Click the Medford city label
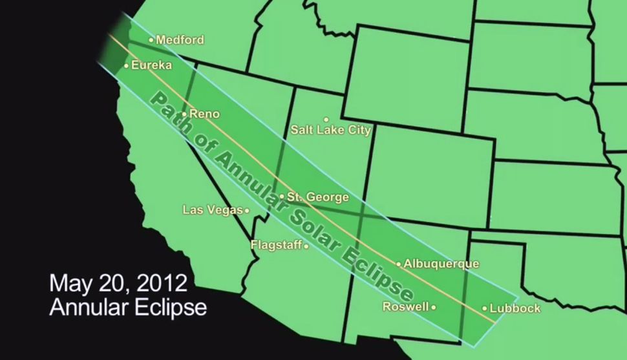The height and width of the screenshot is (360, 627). [180, 40]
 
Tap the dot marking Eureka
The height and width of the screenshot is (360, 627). [126, 65]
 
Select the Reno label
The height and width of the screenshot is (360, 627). [204, 114]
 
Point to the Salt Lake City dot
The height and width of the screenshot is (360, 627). [326, 120]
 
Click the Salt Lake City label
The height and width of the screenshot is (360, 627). [330, 131]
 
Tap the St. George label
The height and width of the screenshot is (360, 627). [318, 197]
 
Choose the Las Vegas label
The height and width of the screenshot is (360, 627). [213, 210]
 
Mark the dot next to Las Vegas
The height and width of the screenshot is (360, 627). [247, 210]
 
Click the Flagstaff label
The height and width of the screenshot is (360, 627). [275, 245]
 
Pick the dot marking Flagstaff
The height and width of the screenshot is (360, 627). [306, 246]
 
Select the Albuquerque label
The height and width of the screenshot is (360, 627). [441, 264]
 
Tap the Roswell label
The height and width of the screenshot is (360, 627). [405, 307]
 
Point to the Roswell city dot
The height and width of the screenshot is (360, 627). [434, 308]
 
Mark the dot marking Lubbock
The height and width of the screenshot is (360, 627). [485, 308]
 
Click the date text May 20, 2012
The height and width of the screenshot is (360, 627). [118, 284]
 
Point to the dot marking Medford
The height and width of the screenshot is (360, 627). [151, 40]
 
